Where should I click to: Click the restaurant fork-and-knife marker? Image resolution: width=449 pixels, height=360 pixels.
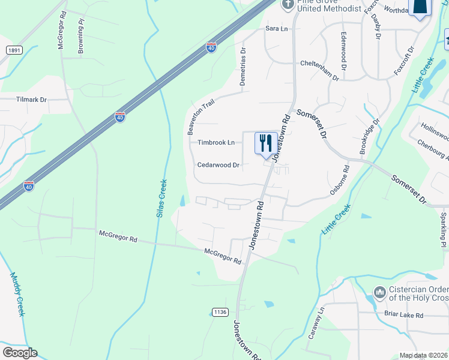click(x=266, y=143)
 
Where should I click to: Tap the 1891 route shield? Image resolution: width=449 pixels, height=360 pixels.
click(x=15, y=51)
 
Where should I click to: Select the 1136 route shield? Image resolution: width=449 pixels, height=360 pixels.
click(x=220, y=311)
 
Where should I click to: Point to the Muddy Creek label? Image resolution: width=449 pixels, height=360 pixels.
click(x=17, y=295)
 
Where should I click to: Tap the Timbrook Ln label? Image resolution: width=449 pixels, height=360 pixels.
click(x=216, y=143)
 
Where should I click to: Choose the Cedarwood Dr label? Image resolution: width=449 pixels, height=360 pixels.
click(x=218, y=165)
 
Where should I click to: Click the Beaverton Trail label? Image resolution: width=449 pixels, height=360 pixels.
click(x=200, y=118)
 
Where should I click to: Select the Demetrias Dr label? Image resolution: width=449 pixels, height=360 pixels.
click(x=243, y=67)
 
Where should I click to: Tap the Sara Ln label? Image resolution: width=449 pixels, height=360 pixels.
click(x=277, y=28)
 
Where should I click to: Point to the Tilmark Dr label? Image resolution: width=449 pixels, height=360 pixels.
click(x=31, y=100)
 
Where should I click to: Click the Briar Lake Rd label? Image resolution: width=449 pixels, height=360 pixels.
click(x=403, y=315)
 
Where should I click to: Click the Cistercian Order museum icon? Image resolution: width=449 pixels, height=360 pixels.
click(x=379, y=293)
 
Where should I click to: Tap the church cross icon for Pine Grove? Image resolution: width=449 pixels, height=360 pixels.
click(x=288, y=5)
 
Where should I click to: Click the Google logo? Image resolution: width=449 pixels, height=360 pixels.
click(x=20, y=353)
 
